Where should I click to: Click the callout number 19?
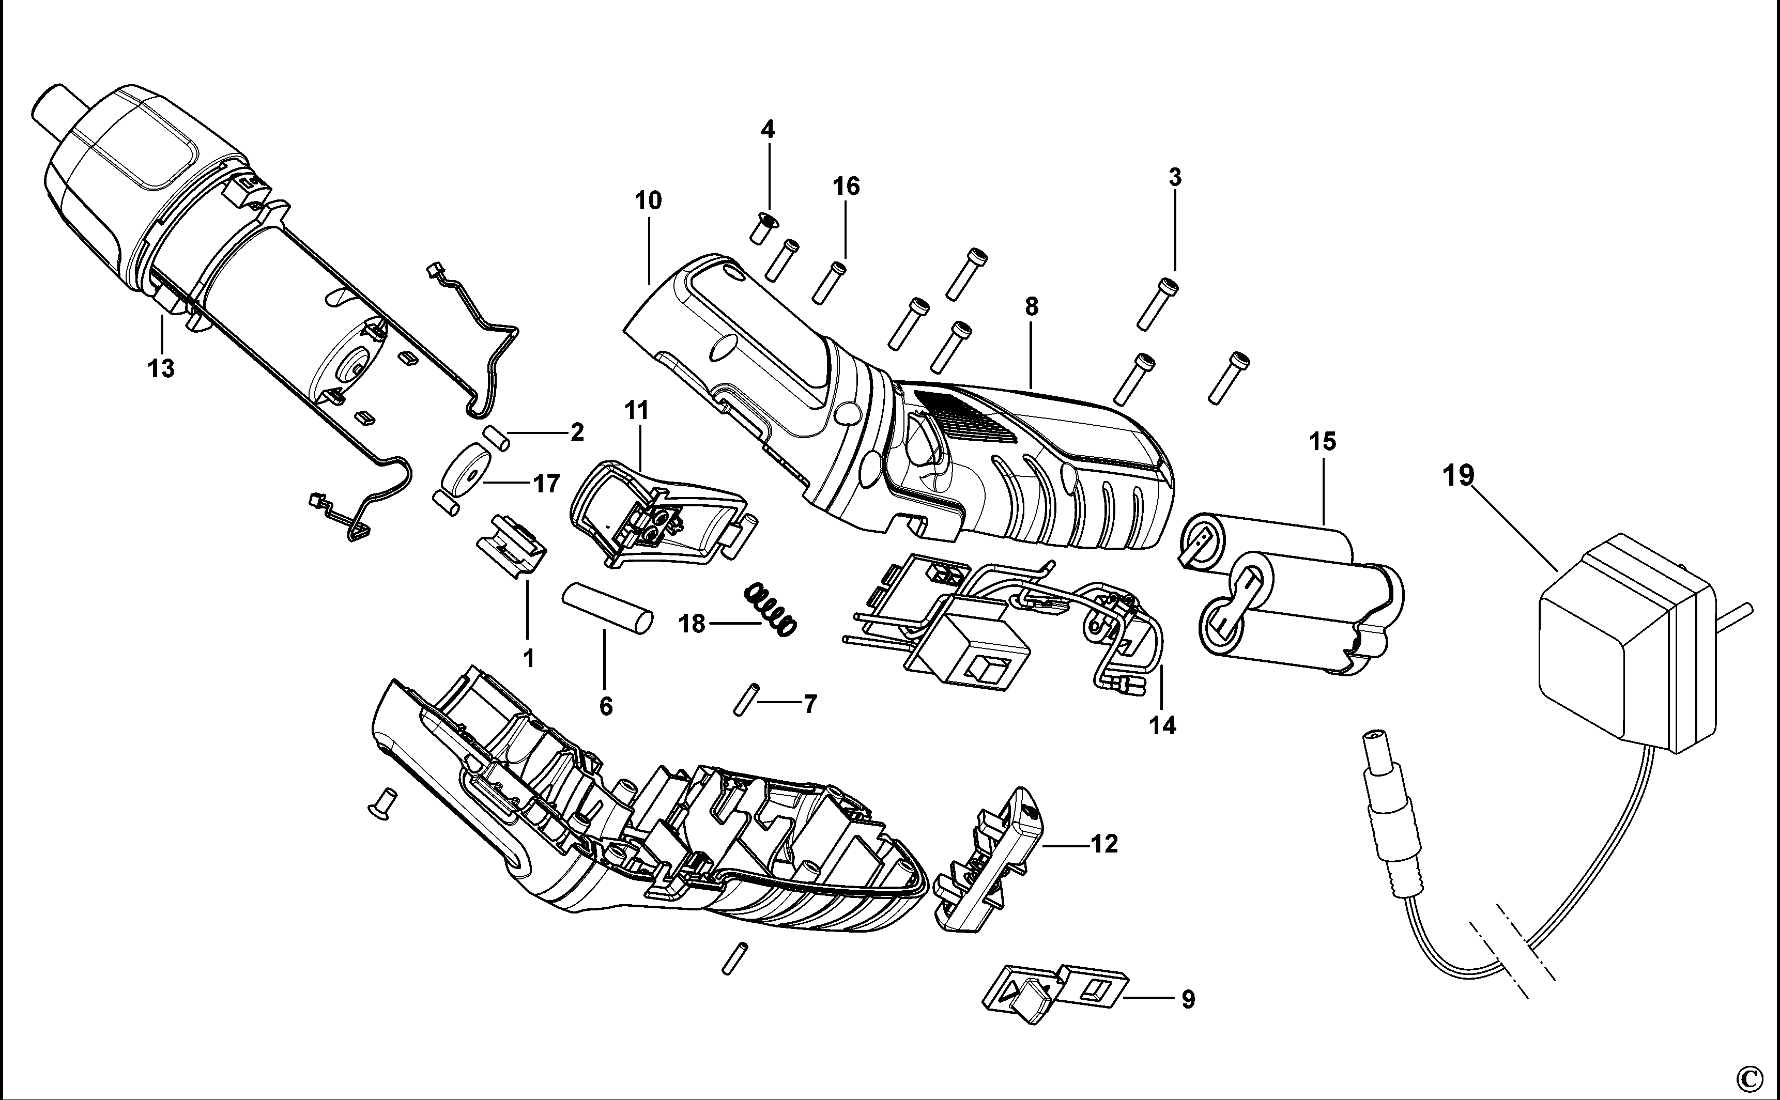click(1459, 476)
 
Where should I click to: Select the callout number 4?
click(768, 130)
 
